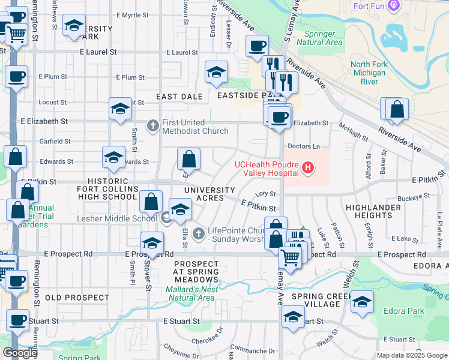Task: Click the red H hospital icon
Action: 308,167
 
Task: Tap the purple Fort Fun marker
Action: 394,6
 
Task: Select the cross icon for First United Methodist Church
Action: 153,126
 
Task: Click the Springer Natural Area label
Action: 324,38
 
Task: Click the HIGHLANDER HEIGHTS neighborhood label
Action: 369,211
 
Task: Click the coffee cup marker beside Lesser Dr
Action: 257,46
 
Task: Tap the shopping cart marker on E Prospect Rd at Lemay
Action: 290,258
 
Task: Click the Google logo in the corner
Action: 20,353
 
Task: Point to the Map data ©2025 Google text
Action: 412,355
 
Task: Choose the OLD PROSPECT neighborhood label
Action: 77,298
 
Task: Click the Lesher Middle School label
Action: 116,218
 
